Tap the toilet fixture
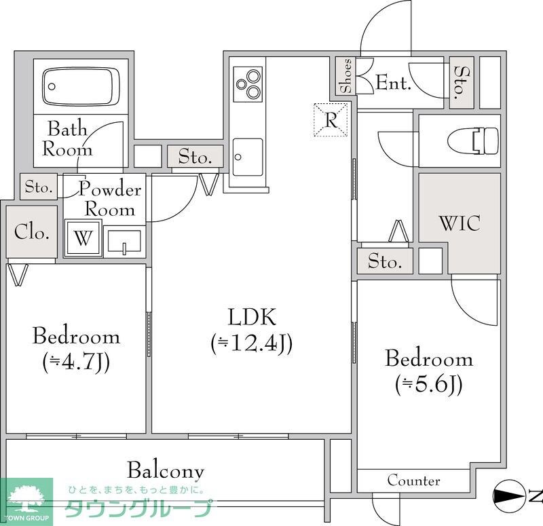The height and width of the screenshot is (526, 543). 473,141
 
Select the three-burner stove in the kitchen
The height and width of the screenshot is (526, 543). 248,84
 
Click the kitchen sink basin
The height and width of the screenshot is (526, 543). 248,157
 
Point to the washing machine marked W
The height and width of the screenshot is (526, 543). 83,238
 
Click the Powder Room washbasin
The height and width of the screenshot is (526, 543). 124,241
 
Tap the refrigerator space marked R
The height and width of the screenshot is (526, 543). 331,120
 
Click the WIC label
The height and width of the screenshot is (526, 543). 460,223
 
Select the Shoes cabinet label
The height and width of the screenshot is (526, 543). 346,76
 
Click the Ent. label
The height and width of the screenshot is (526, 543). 394,82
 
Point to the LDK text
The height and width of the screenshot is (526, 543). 252,317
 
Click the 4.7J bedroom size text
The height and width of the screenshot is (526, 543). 76,362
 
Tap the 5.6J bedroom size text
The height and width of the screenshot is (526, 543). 429,384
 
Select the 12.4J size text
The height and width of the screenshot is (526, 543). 252,343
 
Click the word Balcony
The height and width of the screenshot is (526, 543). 166,471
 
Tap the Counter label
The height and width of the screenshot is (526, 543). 414,481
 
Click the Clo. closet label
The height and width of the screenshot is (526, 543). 31,231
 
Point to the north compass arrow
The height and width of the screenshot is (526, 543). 508,497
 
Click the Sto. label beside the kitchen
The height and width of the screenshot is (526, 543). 195,157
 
